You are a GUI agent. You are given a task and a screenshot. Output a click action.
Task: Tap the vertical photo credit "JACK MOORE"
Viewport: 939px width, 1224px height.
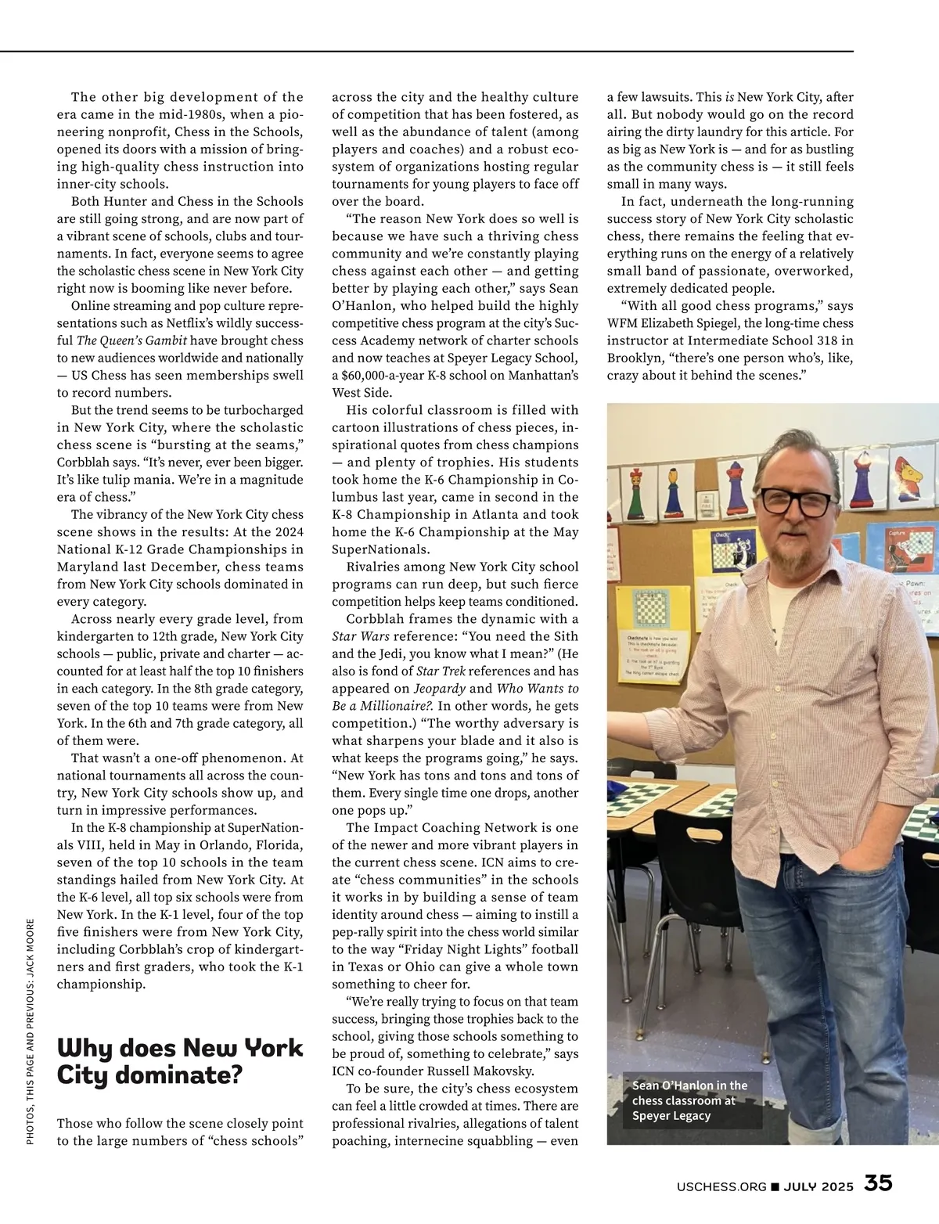tap(31, 949)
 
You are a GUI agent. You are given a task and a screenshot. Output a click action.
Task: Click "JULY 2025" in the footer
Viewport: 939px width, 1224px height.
tap(818, 1186)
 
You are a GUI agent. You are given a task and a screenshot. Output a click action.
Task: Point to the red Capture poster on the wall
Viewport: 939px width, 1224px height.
tap(901, 548)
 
